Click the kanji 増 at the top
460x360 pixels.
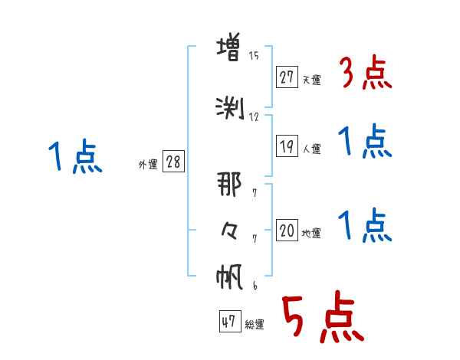pyautogui.click(x=228, y=47)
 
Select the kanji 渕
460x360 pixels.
pyautogui.click(x=230, y=108)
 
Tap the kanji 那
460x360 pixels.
pyautogui.click(x=229, y=184)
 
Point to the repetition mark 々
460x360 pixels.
pyautogui.click(x=229, y=231)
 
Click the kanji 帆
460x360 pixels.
pyautogui.click(x=229, y=277)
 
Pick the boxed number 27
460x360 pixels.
pyautogui.click(x=287, y=77)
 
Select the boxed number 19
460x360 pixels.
pyautogui.click(x=287, y=146)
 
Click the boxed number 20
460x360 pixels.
pyautogui.click(x=287, y=230)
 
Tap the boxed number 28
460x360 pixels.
pyautogui.click(x=173, y=162)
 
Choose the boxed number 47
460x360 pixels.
pyautogui.click(x=230, y=321)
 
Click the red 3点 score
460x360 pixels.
pyautogui.click(x=366, y=73)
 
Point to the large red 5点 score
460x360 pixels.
pyautogui.click(x=324, y=316)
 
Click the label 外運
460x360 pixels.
pyautogui.click(x=148, y=165)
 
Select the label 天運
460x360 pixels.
pyautogui.click(x=311, y=80)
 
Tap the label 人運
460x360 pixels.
pyautogui.click(x=312, y=149)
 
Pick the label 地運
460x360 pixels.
pyautogui.click(x=311, y=234)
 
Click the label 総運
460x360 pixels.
pyautogui.click(x=255, y=325)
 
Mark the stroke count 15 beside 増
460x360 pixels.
pyautogui.click(x=254, y=56)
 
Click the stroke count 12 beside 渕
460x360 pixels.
pyautogui.click(x=254, y=117)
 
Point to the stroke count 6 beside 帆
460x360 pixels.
pyautogui.click(x=255, y=286)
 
